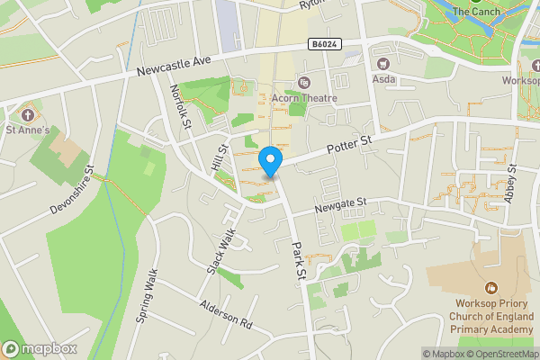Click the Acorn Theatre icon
point(303,84)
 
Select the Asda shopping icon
point(382,63)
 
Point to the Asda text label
point(382,78)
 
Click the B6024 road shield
point(324,43)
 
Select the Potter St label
point(349,143)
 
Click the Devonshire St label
point(72,189)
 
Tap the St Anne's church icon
point(28,115)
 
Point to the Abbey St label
point(510,184)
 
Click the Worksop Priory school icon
point(490,288)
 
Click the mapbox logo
point(40,348)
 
